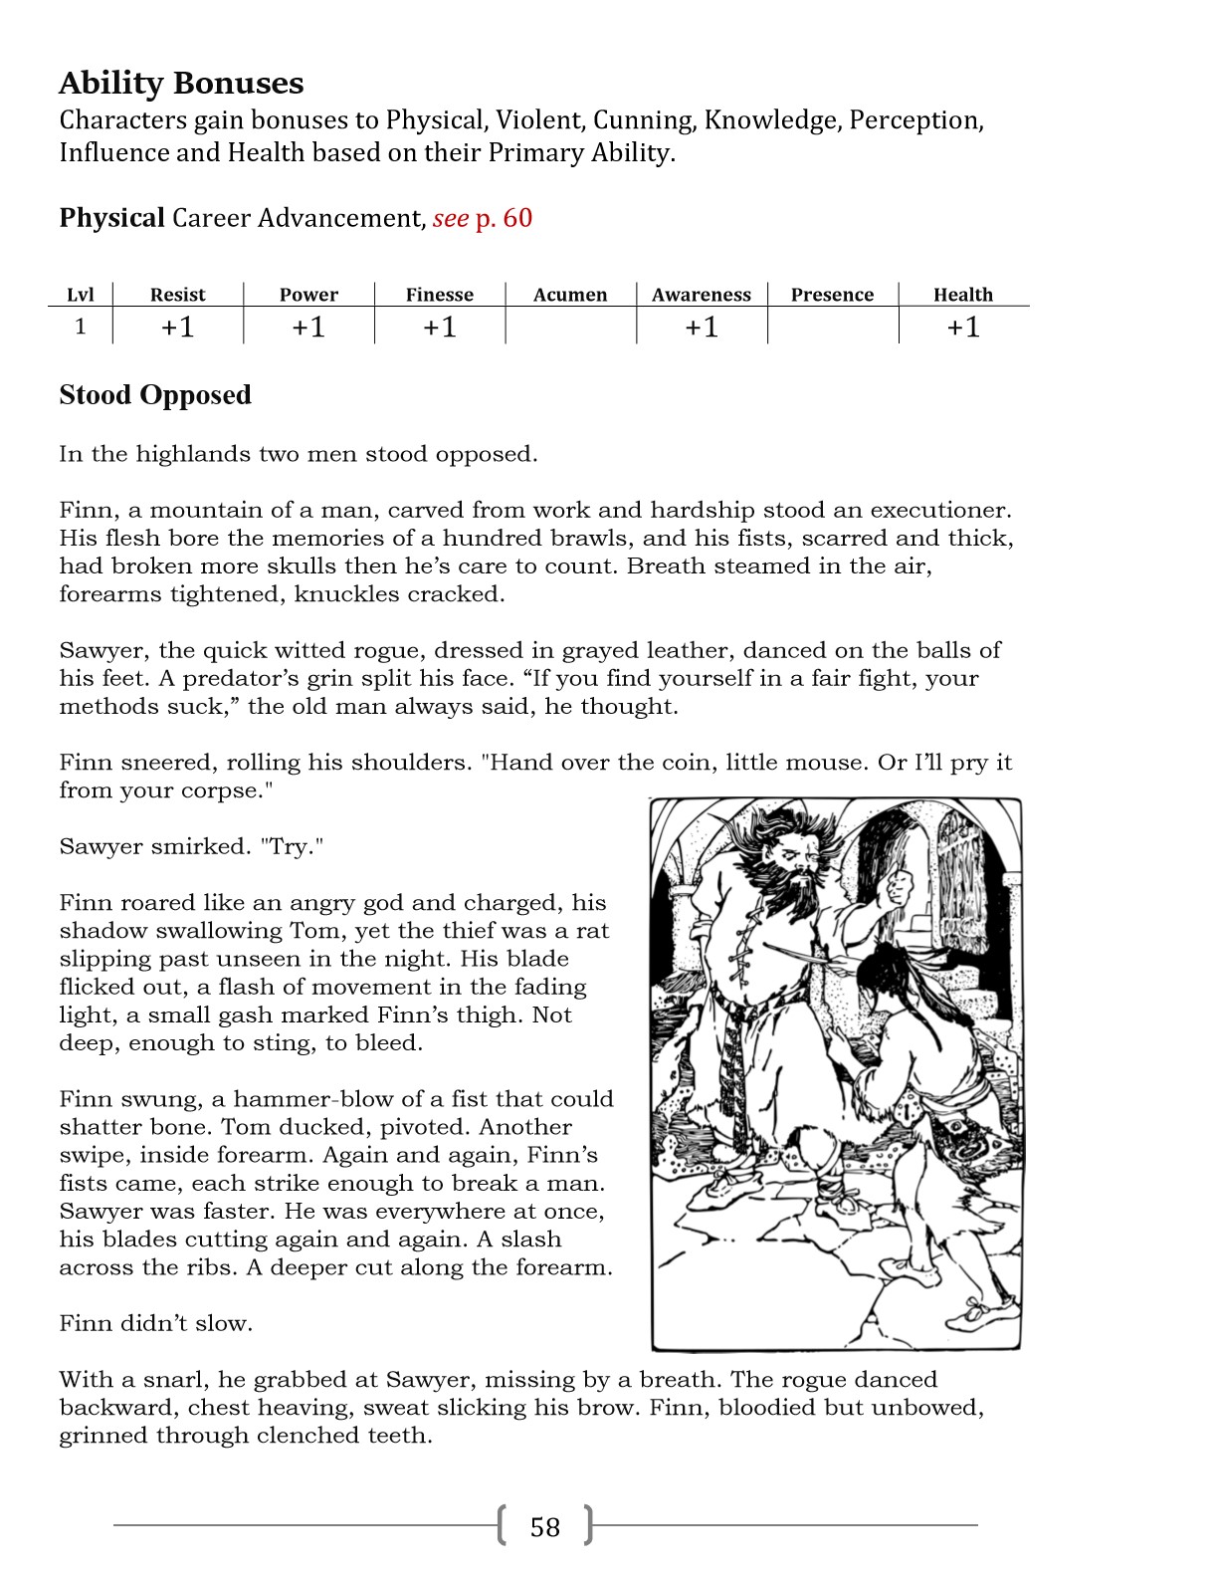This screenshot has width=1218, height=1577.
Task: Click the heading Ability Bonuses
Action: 181,83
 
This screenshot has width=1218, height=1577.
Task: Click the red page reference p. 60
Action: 504,218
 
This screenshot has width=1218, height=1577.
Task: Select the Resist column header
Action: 177,295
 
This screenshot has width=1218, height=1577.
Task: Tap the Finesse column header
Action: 440,295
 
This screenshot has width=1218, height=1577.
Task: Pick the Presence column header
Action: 832,295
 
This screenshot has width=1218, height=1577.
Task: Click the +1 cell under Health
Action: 963,327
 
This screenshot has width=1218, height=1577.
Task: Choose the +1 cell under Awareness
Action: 702,327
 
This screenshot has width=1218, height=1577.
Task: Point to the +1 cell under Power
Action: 308,327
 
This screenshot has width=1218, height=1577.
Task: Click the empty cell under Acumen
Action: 570,327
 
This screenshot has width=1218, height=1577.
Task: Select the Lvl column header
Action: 81,295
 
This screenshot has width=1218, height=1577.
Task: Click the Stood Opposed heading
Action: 155,395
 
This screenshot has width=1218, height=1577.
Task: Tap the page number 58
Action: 545,1526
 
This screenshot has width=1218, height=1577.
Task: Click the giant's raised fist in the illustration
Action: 900,884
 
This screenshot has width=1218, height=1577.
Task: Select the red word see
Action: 450,218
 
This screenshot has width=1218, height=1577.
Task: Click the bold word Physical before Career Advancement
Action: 111,218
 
